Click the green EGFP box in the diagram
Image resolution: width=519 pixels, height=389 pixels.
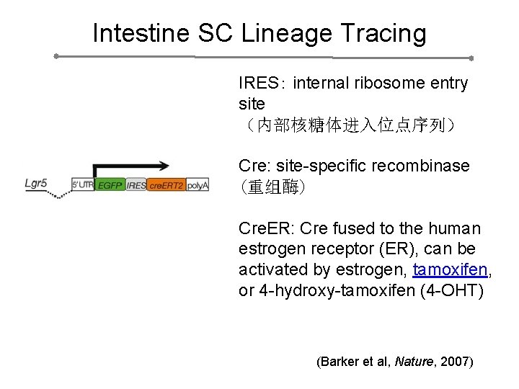pyautogui.click(x=110, y=185)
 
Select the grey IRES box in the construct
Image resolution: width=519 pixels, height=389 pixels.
pyautogui.click(x=136, y=185)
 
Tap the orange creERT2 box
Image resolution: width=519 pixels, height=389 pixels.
pyautogui.click(x=166, y=185)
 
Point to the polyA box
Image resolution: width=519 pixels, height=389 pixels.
pyautogui.click(x=197, y=185)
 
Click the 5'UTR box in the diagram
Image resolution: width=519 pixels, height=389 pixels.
pyautogui.click(x=83, y=185)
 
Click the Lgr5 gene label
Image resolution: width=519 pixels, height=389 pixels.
pyautogui.click(x=36, y=183)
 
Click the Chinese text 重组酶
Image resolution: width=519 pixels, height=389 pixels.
pyautogui.click(x=272, y=187)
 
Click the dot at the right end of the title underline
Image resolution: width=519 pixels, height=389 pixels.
pyautogui.click(x=471, y=58)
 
